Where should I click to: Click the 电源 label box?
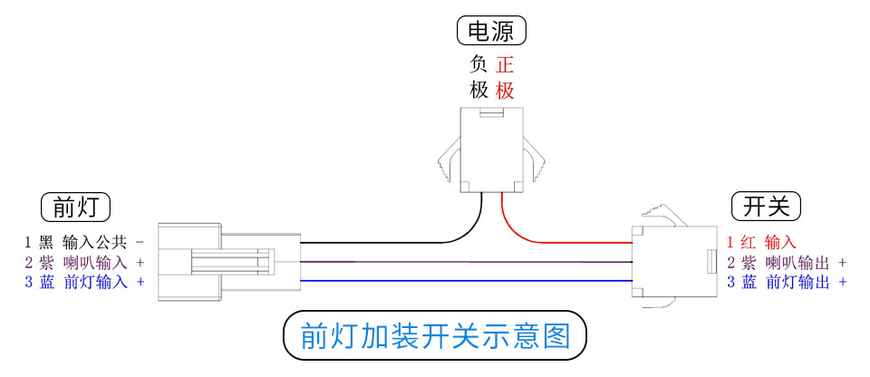(491, 32)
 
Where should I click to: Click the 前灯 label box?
(75, 207)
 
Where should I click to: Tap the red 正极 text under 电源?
(506, 77)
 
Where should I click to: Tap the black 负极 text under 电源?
(478, 77)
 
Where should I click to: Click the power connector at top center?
(492, 150)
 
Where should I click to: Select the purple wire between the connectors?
(453, 262)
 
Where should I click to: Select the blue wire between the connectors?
(453, 281)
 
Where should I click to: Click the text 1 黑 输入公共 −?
(84, 242)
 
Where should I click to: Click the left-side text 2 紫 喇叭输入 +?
(84, 262)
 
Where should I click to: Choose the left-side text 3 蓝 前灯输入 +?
(84, 282)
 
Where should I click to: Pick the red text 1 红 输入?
(761, 242)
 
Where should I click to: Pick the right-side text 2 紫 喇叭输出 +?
(787, 262)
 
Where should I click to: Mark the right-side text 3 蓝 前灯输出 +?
(787, 282)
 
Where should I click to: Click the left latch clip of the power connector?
(447, 159)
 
